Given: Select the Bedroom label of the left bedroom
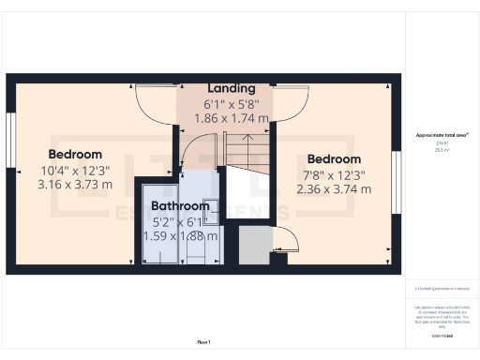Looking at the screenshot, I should (x=75, y=155).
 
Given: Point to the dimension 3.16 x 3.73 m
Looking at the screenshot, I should (x=75, y=185).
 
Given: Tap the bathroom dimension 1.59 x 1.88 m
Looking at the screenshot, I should (x=180, y=235).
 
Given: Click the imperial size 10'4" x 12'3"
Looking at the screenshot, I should (x=75, y=170).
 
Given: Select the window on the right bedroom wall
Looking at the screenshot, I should (x=397, y=173).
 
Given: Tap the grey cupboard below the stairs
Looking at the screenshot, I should (x=253, y=246).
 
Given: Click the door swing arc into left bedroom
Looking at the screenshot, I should (x=154, y=98).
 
